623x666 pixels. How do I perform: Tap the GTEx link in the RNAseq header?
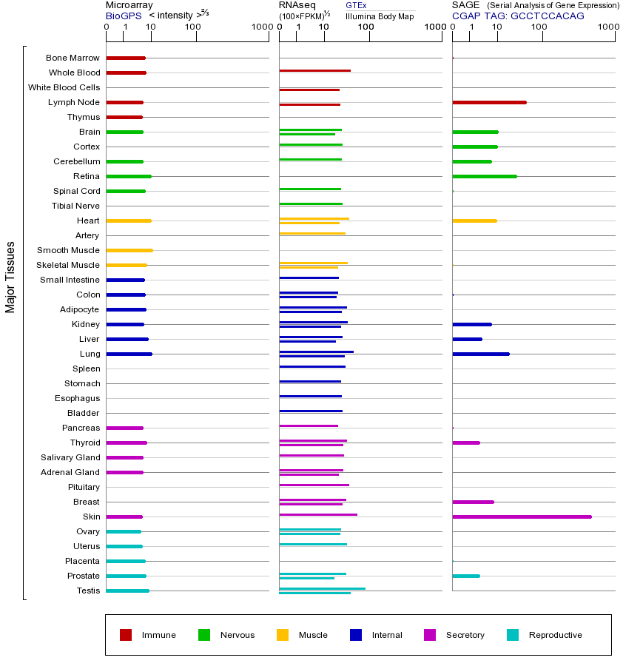(356, 5)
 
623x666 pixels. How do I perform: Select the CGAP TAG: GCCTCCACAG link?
(518, 16)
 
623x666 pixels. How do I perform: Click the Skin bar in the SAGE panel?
(522, 517)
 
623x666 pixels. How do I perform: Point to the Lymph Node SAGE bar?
(489, 102)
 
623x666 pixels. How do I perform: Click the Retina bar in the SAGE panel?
(484, 176)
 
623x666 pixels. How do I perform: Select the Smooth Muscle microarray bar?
(129, 250)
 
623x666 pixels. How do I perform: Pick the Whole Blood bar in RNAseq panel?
(314, 71)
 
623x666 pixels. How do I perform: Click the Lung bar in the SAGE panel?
(480, 354)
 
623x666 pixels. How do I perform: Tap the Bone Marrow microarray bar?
(126, 58)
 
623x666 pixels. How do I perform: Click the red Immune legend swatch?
(126, 635)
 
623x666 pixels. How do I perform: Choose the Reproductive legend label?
(555, 635)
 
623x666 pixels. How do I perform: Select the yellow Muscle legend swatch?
(283, 635)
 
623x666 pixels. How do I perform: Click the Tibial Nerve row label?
(75, 206)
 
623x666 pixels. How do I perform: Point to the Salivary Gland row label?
(70, 457)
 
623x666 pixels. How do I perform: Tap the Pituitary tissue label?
(84, 487)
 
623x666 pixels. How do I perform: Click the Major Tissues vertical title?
(10, 277)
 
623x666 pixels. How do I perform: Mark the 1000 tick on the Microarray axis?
(260, 27)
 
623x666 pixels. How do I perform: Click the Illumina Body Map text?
(380, 16)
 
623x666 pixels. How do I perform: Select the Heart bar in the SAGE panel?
(474, 221)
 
